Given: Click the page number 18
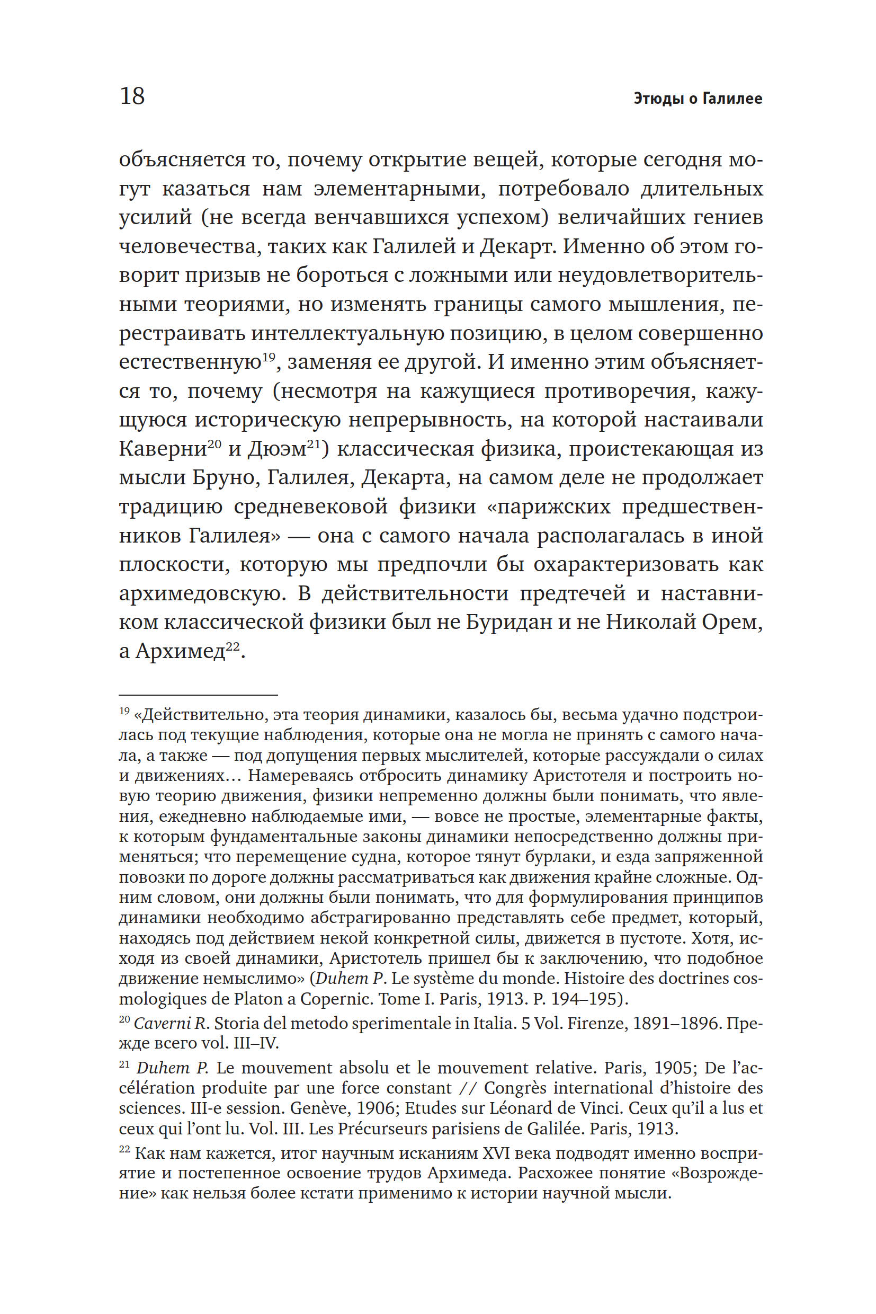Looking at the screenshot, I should (x=132, y=96).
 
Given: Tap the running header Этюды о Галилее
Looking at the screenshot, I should (x=698, y=99).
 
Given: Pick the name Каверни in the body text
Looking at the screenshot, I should (x=163, y=449).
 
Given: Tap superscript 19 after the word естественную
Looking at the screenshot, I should (x=269, y=357).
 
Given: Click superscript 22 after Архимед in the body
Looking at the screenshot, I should (x=233, y=645).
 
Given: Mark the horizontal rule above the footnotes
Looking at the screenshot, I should (x=198, y=695).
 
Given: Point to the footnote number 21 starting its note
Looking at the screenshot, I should (x=124, y=1065).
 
